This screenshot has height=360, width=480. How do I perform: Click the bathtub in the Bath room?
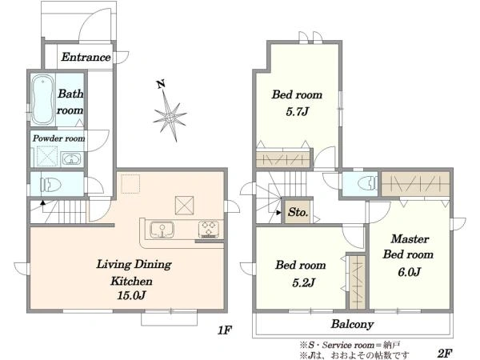tap(43, 99)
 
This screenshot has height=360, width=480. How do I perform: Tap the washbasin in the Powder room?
tap(72, 159)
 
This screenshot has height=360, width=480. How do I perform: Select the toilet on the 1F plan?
tap(51, 185)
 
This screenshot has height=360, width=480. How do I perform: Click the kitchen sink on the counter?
tap(162, 230)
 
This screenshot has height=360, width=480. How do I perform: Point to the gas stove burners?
tap(209, 229)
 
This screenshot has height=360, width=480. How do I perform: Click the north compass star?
tap(170, 117)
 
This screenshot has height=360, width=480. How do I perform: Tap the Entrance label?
tap(86, 57)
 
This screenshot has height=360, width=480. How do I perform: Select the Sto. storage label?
tap(298, 212)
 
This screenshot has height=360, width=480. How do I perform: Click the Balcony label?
tap(352, 324)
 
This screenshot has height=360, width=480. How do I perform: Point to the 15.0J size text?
tap(131, 295)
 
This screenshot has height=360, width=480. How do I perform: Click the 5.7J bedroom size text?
tap(297, 112)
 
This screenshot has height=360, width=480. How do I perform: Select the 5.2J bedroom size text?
tap(303, 282)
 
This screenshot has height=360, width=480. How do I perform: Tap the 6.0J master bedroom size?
tap(409, 271)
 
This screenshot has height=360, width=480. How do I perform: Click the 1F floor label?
tap(225, 330)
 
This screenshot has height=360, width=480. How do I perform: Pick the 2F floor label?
tap(445, 353)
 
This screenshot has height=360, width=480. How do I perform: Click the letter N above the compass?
tap(161, 83)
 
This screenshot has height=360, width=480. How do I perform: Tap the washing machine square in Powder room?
tap(47, 156)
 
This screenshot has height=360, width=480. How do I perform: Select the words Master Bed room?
tap(408, 246)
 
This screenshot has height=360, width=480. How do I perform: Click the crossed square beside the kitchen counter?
tap(184, 205)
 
